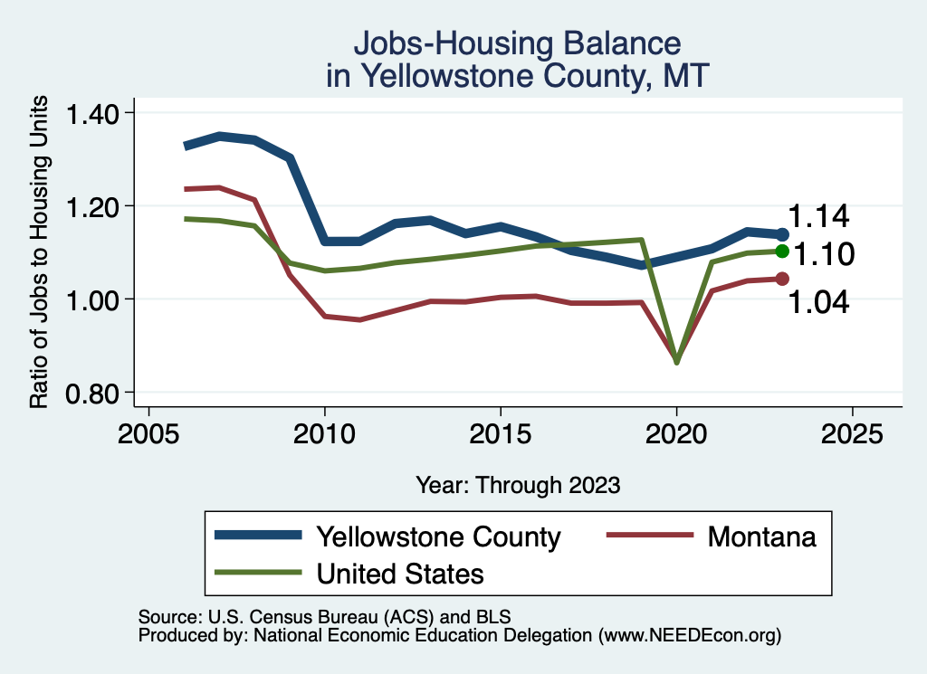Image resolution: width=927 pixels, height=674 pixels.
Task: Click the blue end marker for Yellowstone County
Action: tap(783, 235)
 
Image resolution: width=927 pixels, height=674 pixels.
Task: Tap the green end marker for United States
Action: tap(783, 252)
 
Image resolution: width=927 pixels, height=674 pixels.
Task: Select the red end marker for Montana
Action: tap(783, 279)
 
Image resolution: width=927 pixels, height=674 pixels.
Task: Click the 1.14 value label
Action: tap(818, 217)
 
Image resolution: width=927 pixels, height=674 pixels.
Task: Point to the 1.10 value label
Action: tap(824, 255)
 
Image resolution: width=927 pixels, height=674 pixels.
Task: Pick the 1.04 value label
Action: tap(818, 302)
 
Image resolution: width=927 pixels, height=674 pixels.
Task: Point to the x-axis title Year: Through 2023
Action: tap(518, 485)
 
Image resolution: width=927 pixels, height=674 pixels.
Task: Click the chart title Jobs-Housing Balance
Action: tap(517, 43)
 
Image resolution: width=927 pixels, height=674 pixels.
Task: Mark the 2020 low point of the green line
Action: tap(676, 362)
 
